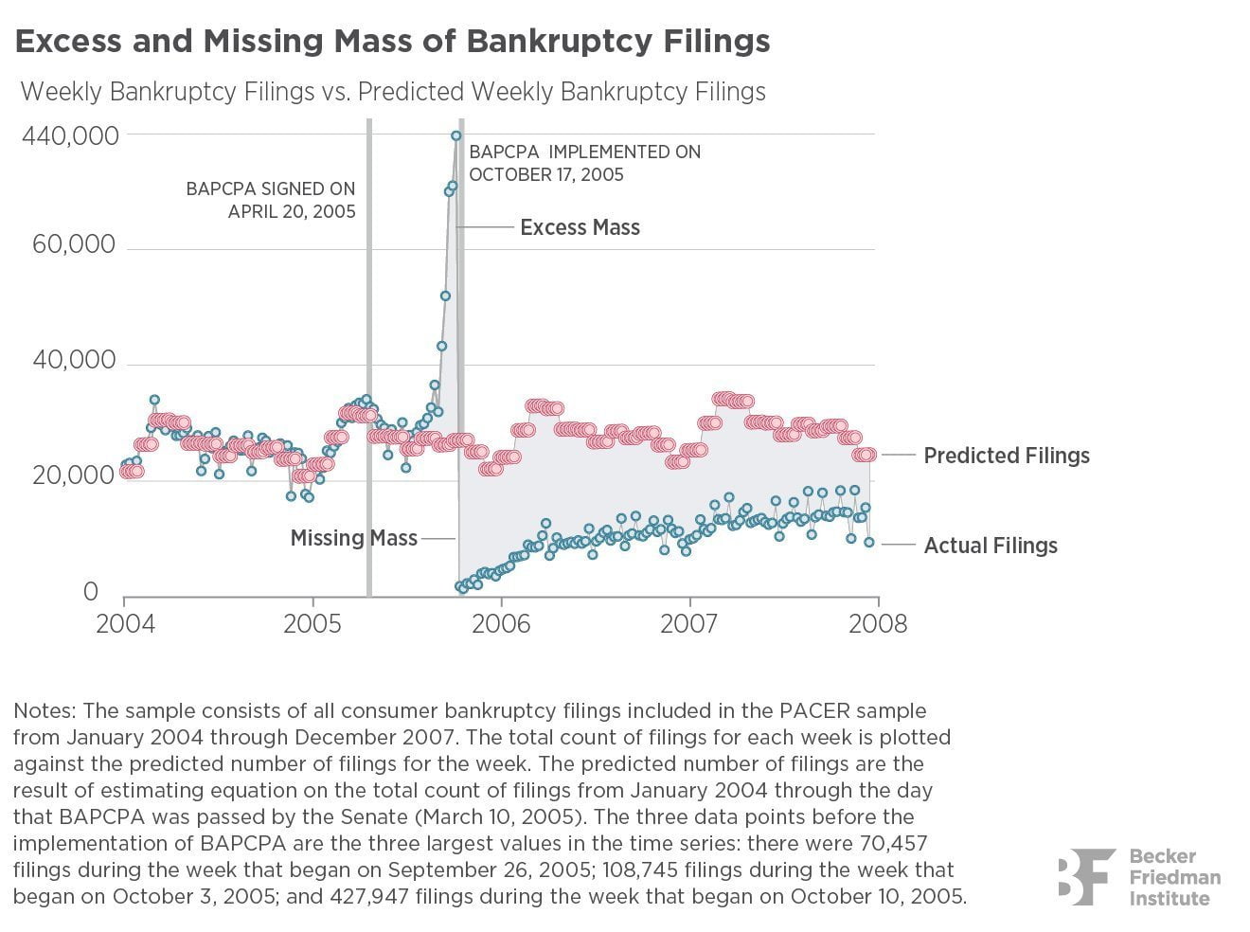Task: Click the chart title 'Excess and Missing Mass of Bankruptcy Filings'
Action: pyautogui.click(x=392, y=42)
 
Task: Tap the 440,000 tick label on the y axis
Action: pyautogui.click(x=71, y=136)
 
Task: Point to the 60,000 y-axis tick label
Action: pyautogui.click(x=74, y=245)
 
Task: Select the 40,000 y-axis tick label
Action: pyautogui.click(x=74, y=361)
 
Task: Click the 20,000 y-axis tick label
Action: pyautogui.click(x=74, y=475)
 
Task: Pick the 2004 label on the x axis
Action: pyautogui.click(x=124, y=624)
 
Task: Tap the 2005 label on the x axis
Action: pyautogui.click(x=313, y=624)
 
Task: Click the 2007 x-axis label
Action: pyautogui.click(x=690, y=624)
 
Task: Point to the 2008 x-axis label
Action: pyautogui.click(x=878, y=624)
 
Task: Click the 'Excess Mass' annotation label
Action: pyautogui.click(x=580, y=227)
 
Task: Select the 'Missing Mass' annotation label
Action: pyautogui.click(x=353, y=538)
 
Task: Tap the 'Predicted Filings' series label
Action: pyautogui.click(x=1007, y=456)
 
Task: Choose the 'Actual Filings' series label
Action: pyautogui.click(x=991, y=546)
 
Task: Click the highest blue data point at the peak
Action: pyautogui.click(x=456, y=135)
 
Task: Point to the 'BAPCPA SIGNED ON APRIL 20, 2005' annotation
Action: pyautogui.click(x=271, y=200)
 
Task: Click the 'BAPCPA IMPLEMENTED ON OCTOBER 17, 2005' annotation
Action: pyautogui.click(x=584, y=163)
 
